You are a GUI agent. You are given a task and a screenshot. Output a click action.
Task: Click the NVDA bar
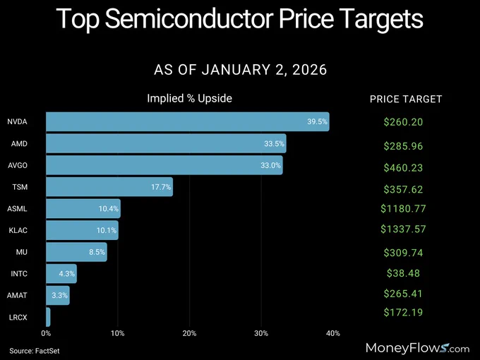[188, 121]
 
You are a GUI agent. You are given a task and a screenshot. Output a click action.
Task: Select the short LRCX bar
[48, 317]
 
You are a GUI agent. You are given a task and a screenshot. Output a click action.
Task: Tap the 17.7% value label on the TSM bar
[161, 187]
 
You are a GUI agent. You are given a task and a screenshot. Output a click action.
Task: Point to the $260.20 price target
[403, 122]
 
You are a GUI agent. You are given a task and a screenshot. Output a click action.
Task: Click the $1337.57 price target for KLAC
[403, 229]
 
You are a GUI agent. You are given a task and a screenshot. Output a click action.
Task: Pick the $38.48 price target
[403, 273]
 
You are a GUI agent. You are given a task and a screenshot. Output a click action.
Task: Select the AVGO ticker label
[18, 165]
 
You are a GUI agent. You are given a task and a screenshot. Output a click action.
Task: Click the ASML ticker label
[17, 209]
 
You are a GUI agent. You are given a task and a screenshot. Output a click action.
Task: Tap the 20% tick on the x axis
[189, 333]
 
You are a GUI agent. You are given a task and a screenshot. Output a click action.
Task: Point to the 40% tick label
[332, 333]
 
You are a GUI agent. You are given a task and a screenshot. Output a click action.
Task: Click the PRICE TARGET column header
[406, 100]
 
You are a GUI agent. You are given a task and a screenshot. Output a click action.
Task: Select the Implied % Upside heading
[189, 98]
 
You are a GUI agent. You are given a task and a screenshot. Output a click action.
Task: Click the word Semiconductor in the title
[189, 18]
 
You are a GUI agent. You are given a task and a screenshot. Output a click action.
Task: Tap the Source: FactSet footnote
[35, 351]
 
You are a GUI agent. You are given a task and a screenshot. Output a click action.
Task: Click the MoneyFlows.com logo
[417, 348]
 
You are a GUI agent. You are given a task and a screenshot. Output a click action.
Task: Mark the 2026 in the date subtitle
[309, 70]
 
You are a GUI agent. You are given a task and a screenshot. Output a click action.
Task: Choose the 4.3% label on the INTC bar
[67, 273]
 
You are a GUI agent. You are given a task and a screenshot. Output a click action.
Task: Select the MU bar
[76, 252]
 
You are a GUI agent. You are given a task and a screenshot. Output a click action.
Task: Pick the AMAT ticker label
[17, 295]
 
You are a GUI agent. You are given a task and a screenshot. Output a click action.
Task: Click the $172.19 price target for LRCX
[403, 312]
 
